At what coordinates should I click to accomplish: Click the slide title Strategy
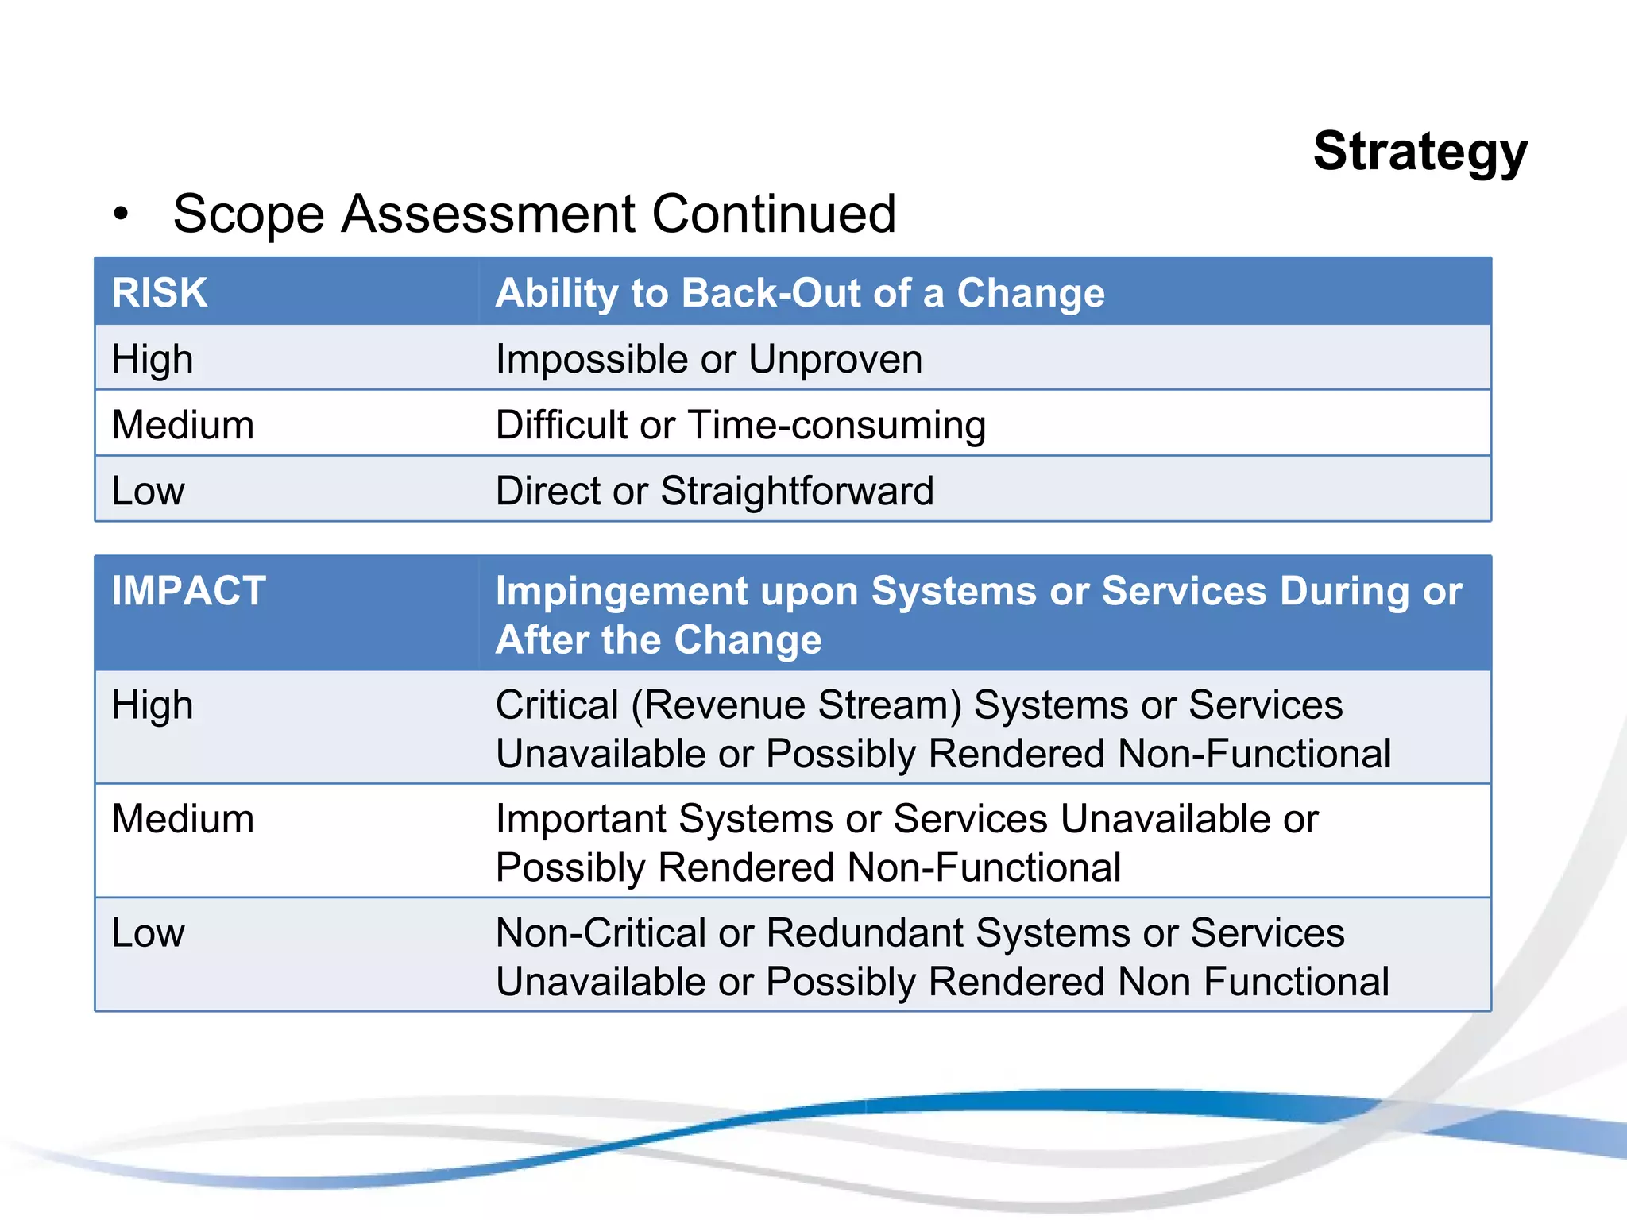click(1420, 152)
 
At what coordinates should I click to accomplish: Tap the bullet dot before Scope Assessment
click(120, 214)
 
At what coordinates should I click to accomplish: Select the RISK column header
click(160, 292)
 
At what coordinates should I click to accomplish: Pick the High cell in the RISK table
click(153, 359)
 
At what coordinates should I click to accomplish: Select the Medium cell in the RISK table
click(183, 425)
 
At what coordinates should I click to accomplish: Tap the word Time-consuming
click(837, 425)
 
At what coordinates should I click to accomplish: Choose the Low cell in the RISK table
click(148, 491)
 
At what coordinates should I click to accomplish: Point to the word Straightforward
click(797, 491)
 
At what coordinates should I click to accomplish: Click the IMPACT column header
click(188, 591)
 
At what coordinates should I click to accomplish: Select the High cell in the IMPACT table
click(153, 705)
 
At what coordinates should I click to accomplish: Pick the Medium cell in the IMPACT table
click(183, 819)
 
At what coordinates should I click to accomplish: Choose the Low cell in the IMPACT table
click(148, 932)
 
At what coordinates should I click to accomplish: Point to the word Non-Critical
click(600, 932)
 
